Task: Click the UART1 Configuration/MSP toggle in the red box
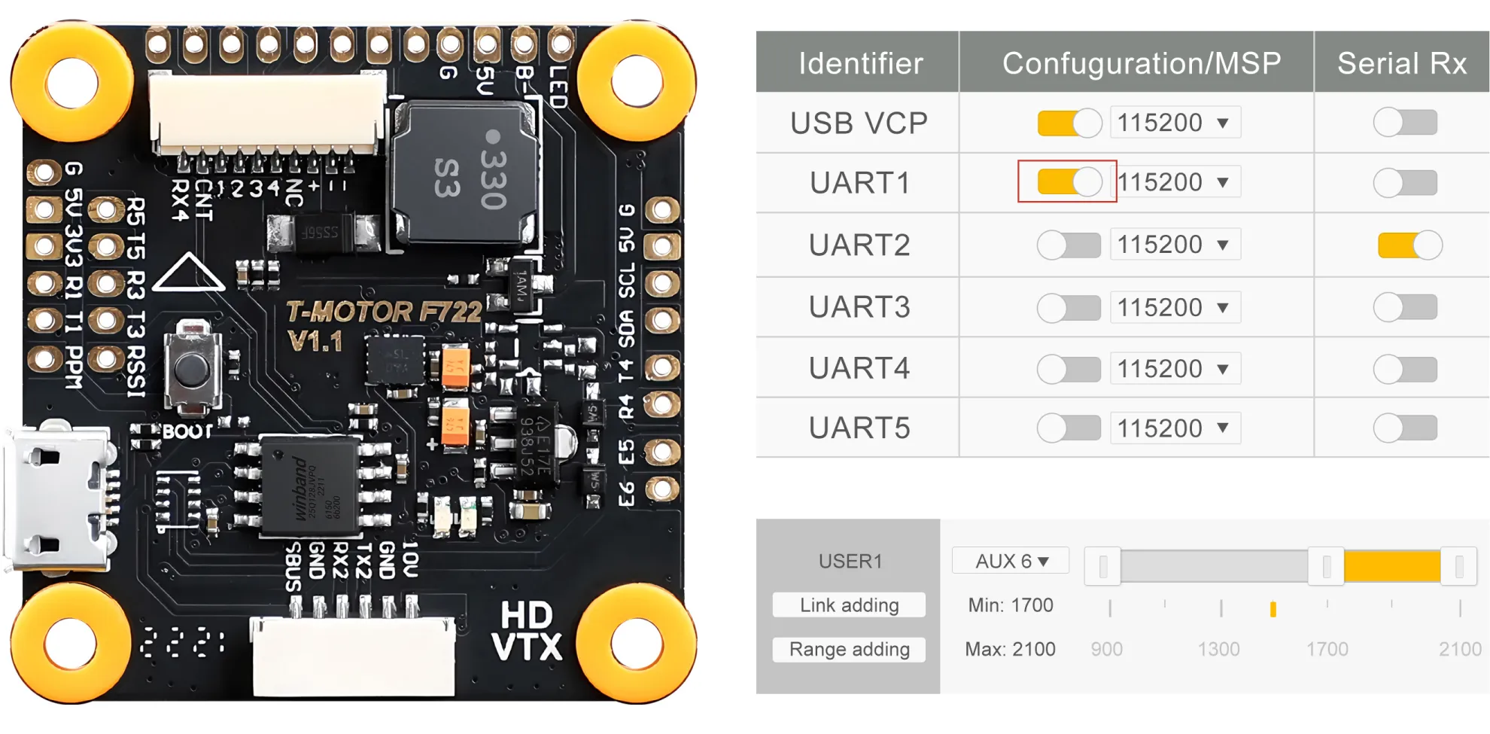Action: pos(1069,182)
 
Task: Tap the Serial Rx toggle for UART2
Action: pos(1409,245)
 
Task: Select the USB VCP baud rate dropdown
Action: pos(1175,123)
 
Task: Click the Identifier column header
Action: pos(860,63)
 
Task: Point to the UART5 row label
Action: pos(859,428)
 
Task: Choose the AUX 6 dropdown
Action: pos(1011,561)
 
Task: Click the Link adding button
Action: pos(849,605)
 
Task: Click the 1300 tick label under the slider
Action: pos(1218,649)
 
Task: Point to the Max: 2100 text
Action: pos(1010,649)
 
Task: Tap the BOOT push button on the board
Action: pos(192,368)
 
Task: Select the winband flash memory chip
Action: pos(309,486)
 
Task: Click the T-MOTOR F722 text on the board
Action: pos(384,312)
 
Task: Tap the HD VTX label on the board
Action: pos(527,631)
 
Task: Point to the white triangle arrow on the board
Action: pos(188,273)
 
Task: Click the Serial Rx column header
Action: pos(1401,63)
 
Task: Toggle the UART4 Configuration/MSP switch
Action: pos(1069,369)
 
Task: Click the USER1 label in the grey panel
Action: pos(850,561)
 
